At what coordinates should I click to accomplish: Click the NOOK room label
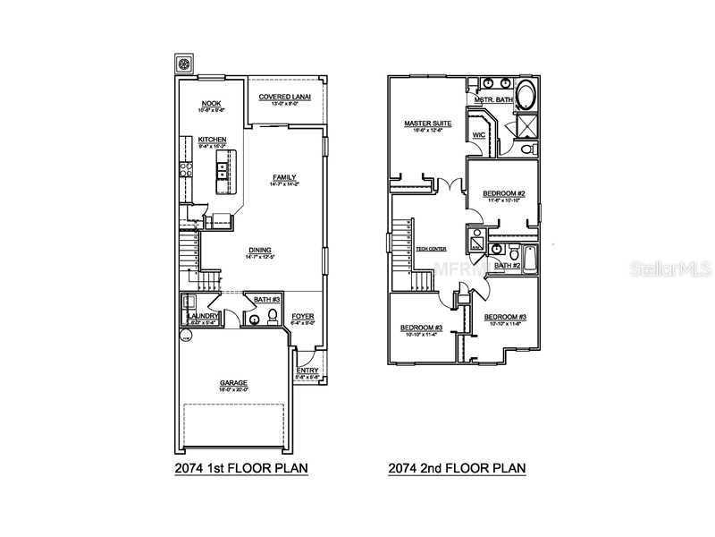211,104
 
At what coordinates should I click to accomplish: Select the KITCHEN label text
212,140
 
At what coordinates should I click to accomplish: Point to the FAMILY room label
284,177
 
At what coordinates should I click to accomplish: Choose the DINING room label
261,250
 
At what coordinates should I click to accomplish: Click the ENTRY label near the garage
307,371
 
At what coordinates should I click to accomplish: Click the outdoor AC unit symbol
185,64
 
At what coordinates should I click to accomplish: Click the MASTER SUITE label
427,124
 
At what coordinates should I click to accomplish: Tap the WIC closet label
477,135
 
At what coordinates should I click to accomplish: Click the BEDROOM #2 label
503,193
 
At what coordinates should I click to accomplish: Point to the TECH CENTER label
432,249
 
